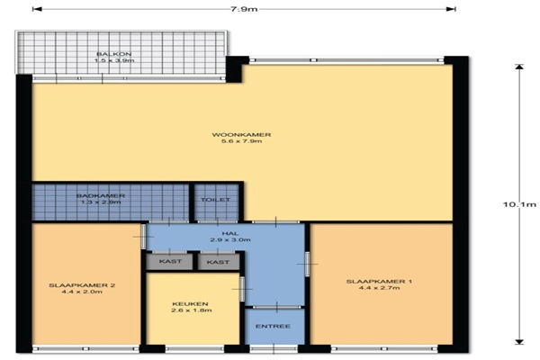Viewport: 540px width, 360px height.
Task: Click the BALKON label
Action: point(114,54)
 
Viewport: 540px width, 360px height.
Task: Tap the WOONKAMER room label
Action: point(241,135)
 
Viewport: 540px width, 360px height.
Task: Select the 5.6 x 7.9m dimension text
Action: point(241,141)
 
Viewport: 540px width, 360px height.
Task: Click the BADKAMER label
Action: point(101,195)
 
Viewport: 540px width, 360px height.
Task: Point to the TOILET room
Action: point(216,202)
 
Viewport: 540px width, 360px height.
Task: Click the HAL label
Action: point(230,233)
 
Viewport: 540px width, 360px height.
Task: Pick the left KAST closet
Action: point(169,262)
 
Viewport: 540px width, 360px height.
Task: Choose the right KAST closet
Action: point(219,262)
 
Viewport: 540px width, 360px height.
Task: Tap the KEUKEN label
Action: point(190,304)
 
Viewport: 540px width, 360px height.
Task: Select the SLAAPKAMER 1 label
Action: point(379,282)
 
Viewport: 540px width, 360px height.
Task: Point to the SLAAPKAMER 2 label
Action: point(82,285)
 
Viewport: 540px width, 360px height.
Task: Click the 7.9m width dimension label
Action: point(244,9)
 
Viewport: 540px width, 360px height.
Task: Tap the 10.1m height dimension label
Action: point(519,204)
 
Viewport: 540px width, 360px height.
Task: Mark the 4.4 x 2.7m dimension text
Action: point(380,288)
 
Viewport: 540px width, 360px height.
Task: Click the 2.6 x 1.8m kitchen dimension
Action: point(192,310)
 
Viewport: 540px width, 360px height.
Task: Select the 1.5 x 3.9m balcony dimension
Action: point(114,60)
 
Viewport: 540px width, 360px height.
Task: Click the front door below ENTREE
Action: point(274,348)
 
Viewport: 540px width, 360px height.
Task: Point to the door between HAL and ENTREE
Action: point(277,307)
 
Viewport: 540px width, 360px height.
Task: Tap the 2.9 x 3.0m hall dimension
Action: point(230,239)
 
